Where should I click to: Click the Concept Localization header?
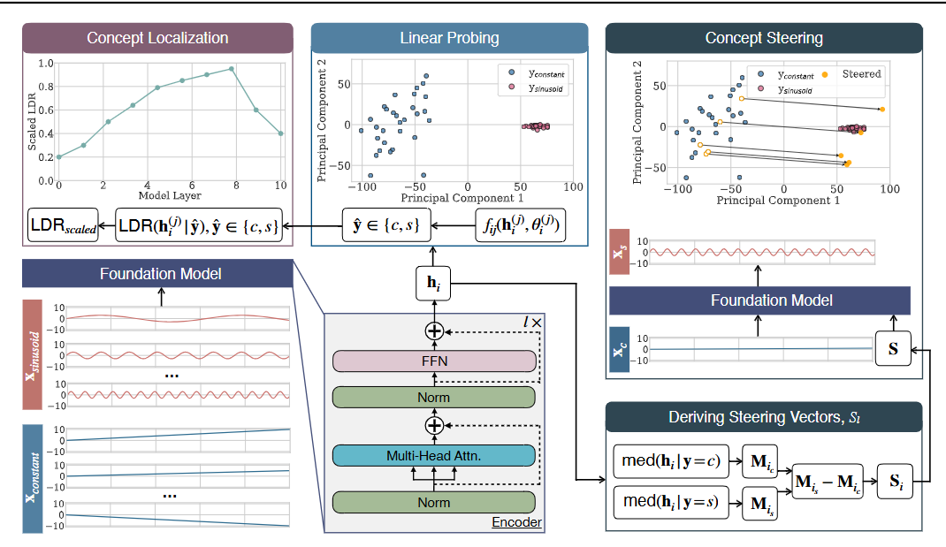tap(157, 38)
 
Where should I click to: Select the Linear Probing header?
tap(449, 38)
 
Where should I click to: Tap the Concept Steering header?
tap(764, 38)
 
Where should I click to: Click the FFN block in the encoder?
tap(434, 361)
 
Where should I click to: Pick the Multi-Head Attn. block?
tap(434, 455)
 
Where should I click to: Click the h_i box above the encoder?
tap(433, 285)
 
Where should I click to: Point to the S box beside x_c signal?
tap(893, 349)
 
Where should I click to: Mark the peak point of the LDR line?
tap(232, 68)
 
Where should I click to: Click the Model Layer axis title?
tap(169, 195)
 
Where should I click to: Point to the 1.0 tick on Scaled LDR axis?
tap(44, 64)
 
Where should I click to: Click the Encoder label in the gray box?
tap(516, 523)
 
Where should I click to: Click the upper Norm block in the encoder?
tap(434, 397)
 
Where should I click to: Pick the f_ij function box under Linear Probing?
tap(518, 227)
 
